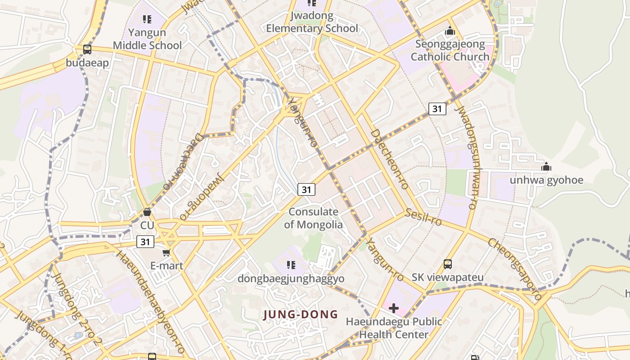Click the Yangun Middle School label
[x=147, y=39]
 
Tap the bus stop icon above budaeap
[x=87, y=49]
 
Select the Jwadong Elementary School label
[x=312, y=22]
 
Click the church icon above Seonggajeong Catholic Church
[x=450, y=31]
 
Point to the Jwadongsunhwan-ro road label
[x=466, y=157]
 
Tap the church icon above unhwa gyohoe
[x=546, y=167]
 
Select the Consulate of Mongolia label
[x=313, y=218]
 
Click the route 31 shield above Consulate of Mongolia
[x=306, y=189]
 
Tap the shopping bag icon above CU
[x=147, y=212]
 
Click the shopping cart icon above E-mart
[x=166, y=253]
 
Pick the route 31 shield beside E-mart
[x=145, y=242]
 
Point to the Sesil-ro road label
[x=423, y=217]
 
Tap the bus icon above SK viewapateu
[x=448, y=264]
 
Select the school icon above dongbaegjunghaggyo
[x=291, y=265]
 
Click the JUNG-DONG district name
[x=300, y=315]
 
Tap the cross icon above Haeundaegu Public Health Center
[x=394, y=308]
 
